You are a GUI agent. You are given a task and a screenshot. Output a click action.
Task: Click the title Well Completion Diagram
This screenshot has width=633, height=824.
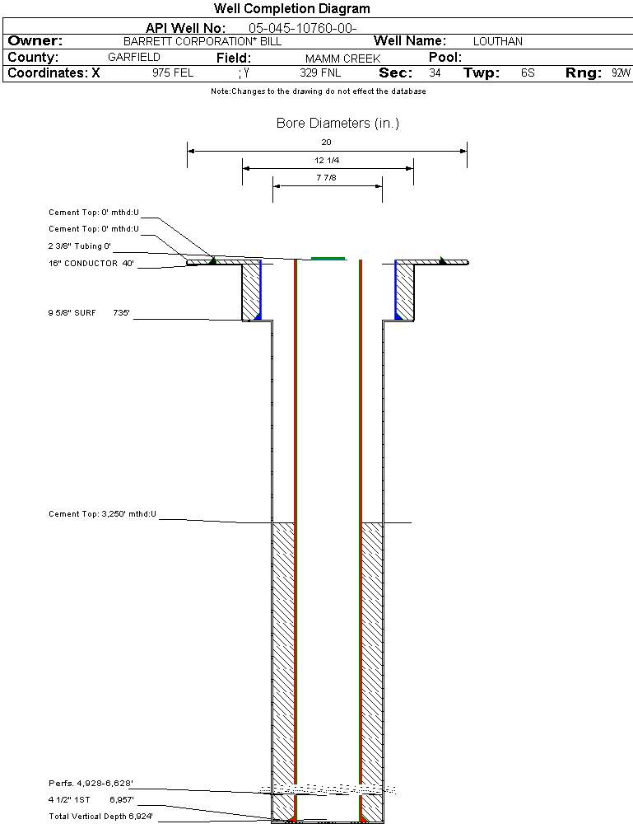[x=292, y=8]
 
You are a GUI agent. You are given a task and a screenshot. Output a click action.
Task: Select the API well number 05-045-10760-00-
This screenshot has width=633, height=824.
[x=302, y=28]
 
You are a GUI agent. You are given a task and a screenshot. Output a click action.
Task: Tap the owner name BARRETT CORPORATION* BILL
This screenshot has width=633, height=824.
[x=202, y=41]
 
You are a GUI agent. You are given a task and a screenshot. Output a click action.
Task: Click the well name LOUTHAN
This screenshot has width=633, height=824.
[x=497, y=41]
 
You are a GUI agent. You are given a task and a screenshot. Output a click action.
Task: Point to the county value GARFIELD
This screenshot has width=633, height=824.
[x=134, y=58]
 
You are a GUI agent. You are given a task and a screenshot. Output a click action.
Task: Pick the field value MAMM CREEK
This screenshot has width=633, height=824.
[x=342, y=59]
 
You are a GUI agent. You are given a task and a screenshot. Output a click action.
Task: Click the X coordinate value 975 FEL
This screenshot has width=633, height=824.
[x=173, y=73]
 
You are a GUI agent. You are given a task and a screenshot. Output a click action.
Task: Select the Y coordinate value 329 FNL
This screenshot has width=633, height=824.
[x=320, y=73]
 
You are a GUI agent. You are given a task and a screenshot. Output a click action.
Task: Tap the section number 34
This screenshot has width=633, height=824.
[x=435, y=73]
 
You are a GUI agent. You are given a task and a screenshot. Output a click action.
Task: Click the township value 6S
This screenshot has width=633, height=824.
[x=528, y=73]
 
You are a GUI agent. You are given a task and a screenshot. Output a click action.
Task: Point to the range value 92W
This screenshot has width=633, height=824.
[x=621, y=73]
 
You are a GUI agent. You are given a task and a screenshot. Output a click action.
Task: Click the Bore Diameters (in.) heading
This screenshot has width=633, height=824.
[x=337, y=123]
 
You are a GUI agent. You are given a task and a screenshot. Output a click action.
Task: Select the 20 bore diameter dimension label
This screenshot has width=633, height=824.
[x=327, y=142]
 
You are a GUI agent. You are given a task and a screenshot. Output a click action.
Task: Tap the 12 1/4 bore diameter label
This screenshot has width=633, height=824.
[x=327, y=161]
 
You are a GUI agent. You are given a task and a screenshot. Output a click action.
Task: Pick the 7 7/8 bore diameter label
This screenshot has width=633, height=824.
[x=327, y=178]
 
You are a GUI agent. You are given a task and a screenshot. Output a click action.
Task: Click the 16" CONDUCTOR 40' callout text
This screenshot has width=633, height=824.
[x=91, y=264]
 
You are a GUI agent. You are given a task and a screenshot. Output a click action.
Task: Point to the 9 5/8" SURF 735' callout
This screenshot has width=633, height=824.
[x=89, y=312]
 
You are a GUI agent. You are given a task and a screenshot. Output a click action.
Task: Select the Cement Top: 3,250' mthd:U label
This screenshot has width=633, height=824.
[x=102, y=514]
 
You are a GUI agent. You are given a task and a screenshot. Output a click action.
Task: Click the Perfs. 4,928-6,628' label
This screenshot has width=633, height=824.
[x=91, y=784]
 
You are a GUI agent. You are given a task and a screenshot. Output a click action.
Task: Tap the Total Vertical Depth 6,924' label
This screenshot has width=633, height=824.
[x=100, y=816]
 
